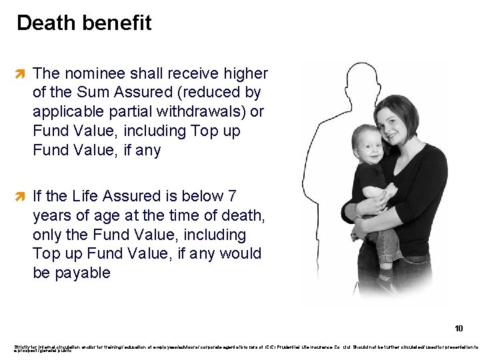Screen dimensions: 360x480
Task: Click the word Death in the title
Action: click(45, 23)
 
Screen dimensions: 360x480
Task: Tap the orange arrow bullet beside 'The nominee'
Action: click(21, 73)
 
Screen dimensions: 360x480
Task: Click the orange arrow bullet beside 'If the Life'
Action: click(21, 196)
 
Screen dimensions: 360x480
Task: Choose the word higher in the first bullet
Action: click(245, 73)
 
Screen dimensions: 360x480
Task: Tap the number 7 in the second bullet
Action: click(231, 196)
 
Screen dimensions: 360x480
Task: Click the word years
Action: click(51, 215)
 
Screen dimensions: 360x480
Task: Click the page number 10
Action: click(459, 328)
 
